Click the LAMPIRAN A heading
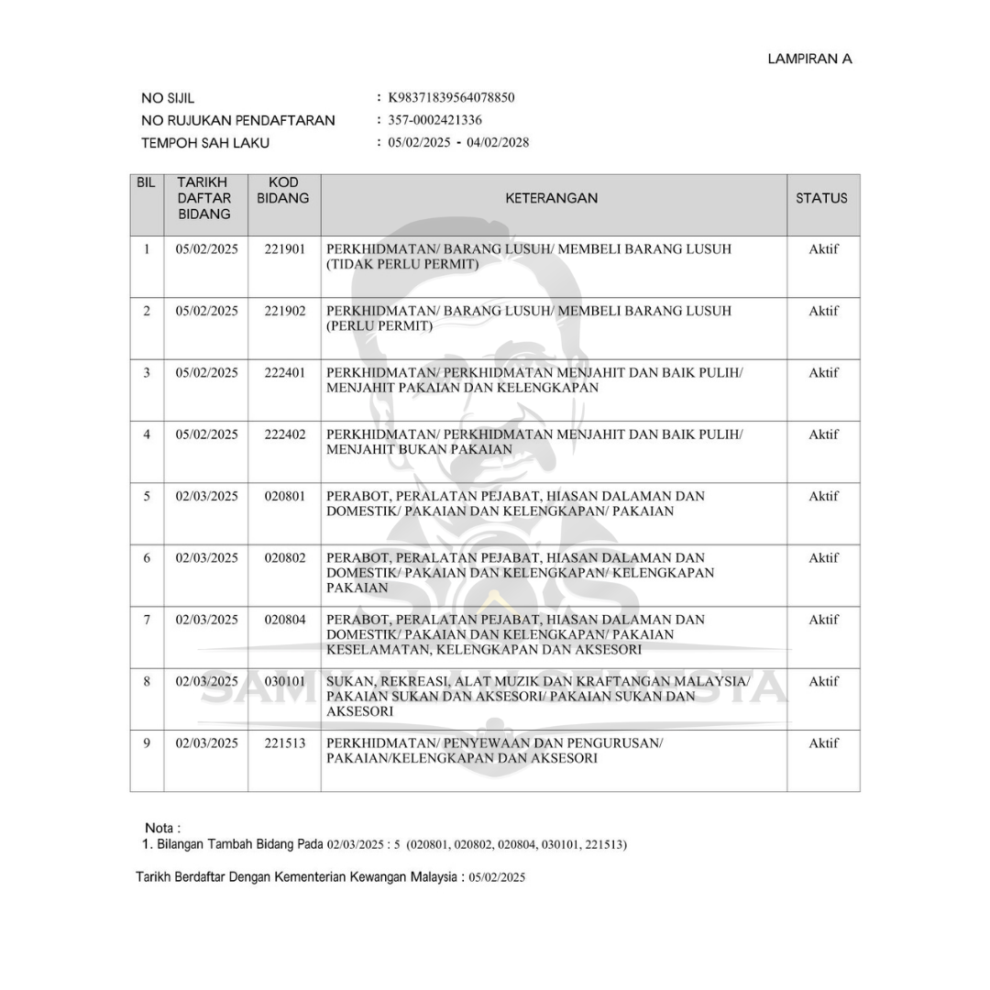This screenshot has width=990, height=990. (x=809, y=59)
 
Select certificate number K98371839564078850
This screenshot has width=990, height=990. (x=451, y=97)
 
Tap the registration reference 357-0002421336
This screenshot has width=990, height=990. (x=434, y=120)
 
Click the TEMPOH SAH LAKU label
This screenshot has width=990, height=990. (x=205, y=143)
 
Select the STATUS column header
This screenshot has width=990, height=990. (x=821, y=198)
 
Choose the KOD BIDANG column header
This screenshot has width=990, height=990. (x=283, y=190)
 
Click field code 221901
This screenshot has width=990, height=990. (x=284, y=249)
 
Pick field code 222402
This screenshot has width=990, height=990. (x=284, y=434)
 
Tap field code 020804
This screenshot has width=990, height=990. (x=284, y=620)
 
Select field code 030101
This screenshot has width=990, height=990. (x=284, y=681)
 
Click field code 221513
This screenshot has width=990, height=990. (x=284, y=743)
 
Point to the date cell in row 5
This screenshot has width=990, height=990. (x=206, y=496)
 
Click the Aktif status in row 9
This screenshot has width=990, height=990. (x=823, y=743)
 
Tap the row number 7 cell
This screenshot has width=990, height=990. (x=147, y=620)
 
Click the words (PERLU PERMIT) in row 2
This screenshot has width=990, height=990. (x=379, y=326)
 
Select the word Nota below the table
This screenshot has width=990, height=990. (x=160, y=828)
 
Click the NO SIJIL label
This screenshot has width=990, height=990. (x=168, y=98)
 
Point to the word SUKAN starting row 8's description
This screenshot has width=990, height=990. (x=349, y=681)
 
